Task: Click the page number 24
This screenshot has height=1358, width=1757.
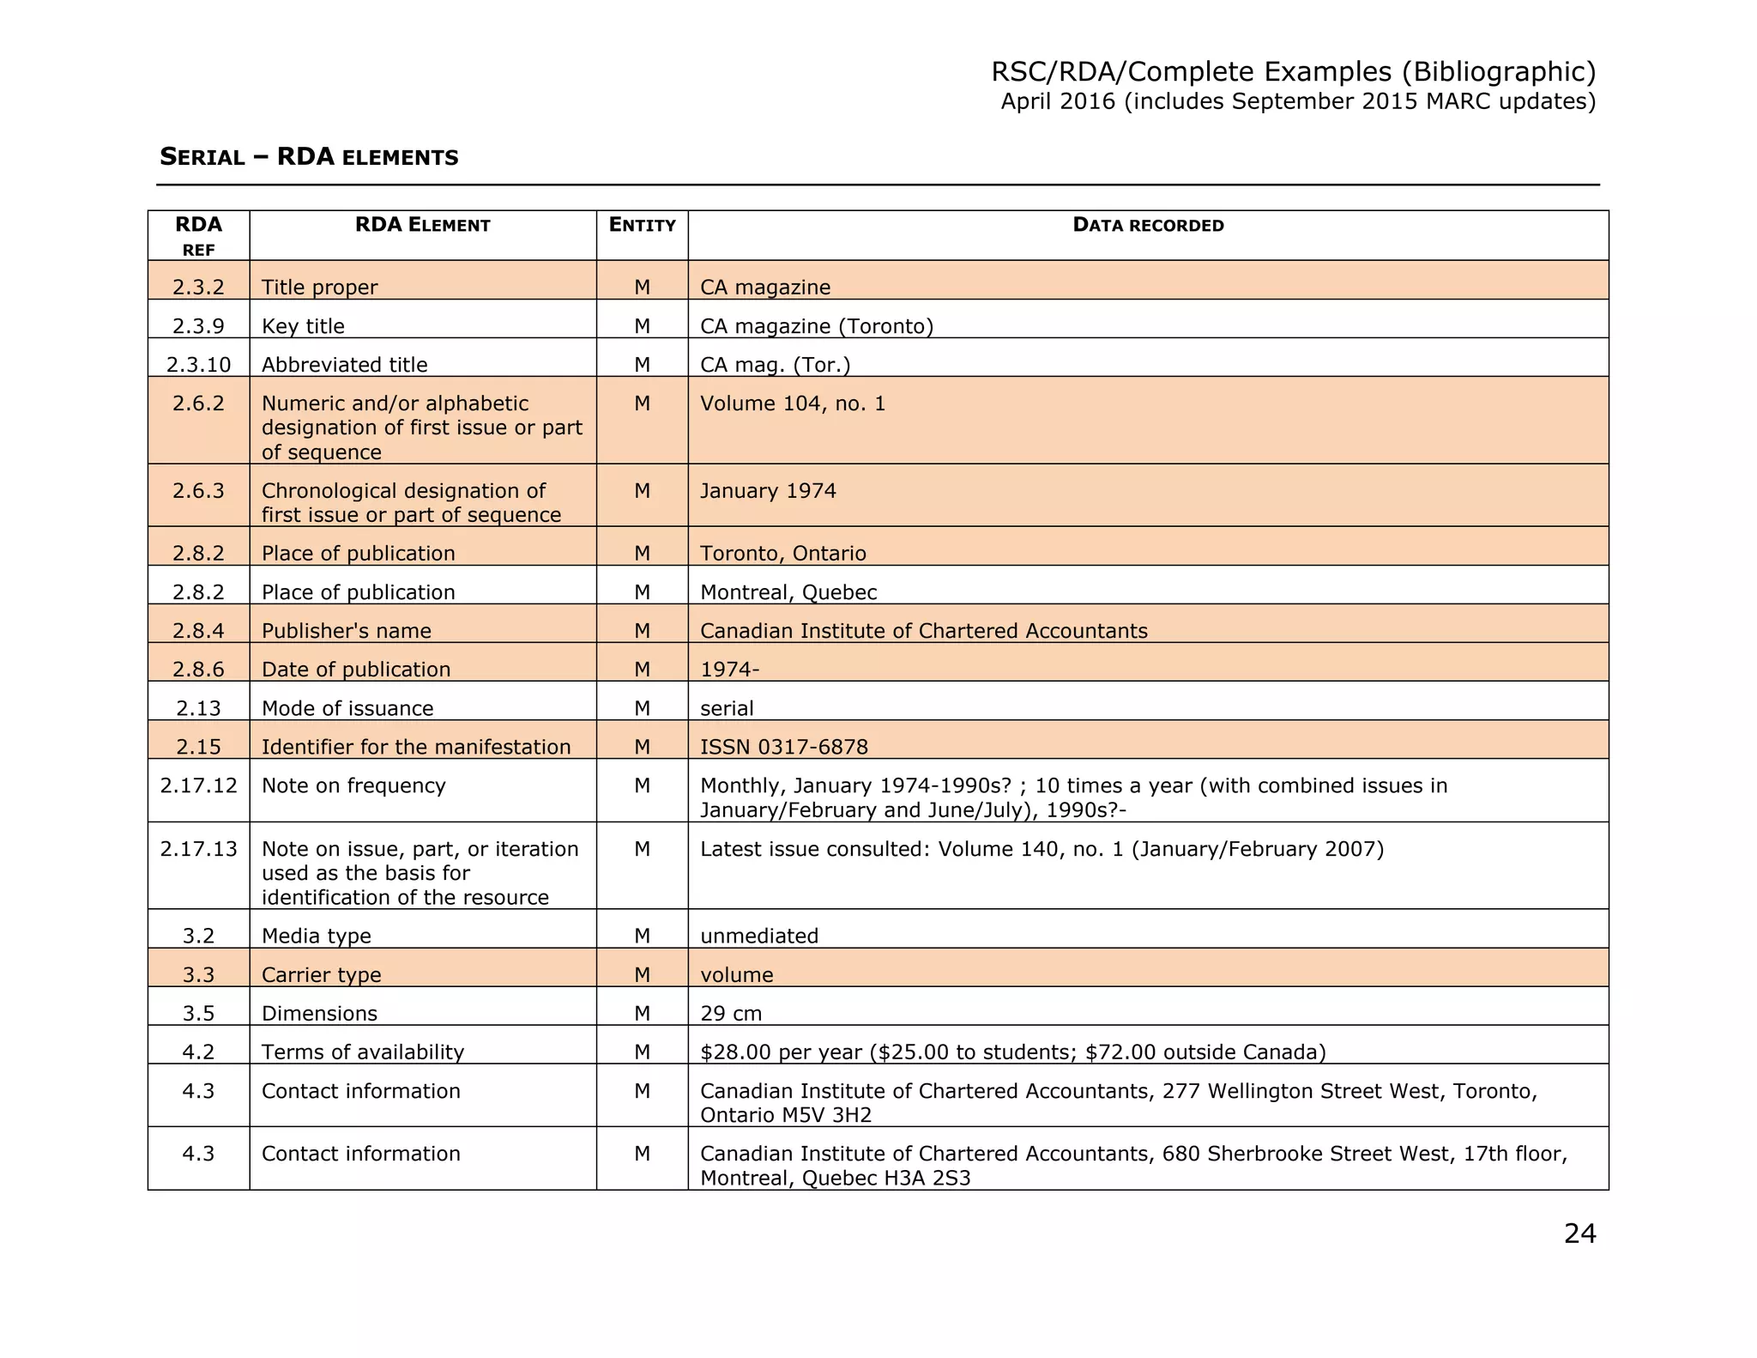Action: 1579,1234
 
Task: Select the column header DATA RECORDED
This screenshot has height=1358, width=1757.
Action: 1148,226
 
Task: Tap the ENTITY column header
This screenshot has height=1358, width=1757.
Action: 642,226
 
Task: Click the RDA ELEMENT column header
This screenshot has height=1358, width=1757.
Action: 423,226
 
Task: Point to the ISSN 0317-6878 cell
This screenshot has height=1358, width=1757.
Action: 784,747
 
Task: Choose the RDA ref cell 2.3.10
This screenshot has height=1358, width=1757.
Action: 198,365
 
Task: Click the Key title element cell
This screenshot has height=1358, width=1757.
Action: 303,326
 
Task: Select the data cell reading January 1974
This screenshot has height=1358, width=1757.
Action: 768,491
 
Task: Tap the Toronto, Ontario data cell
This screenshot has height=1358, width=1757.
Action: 783,554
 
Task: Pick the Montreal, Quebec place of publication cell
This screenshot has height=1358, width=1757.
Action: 788,592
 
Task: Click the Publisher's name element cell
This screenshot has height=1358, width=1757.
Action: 347,631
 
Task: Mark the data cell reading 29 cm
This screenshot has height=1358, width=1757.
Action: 731,1013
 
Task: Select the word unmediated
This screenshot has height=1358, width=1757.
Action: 759,936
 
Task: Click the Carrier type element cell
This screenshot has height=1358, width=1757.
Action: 322,974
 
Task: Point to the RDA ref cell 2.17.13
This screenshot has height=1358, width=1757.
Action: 198,849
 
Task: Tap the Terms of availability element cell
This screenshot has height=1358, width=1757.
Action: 363,1052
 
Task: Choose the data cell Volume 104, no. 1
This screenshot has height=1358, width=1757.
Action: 793,403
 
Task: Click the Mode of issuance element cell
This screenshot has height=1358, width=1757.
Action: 347,708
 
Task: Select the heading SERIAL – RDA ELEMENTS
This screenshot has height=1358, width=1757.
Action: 309,157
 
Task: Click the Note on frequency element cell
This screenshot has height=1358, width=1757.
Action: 353,785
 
